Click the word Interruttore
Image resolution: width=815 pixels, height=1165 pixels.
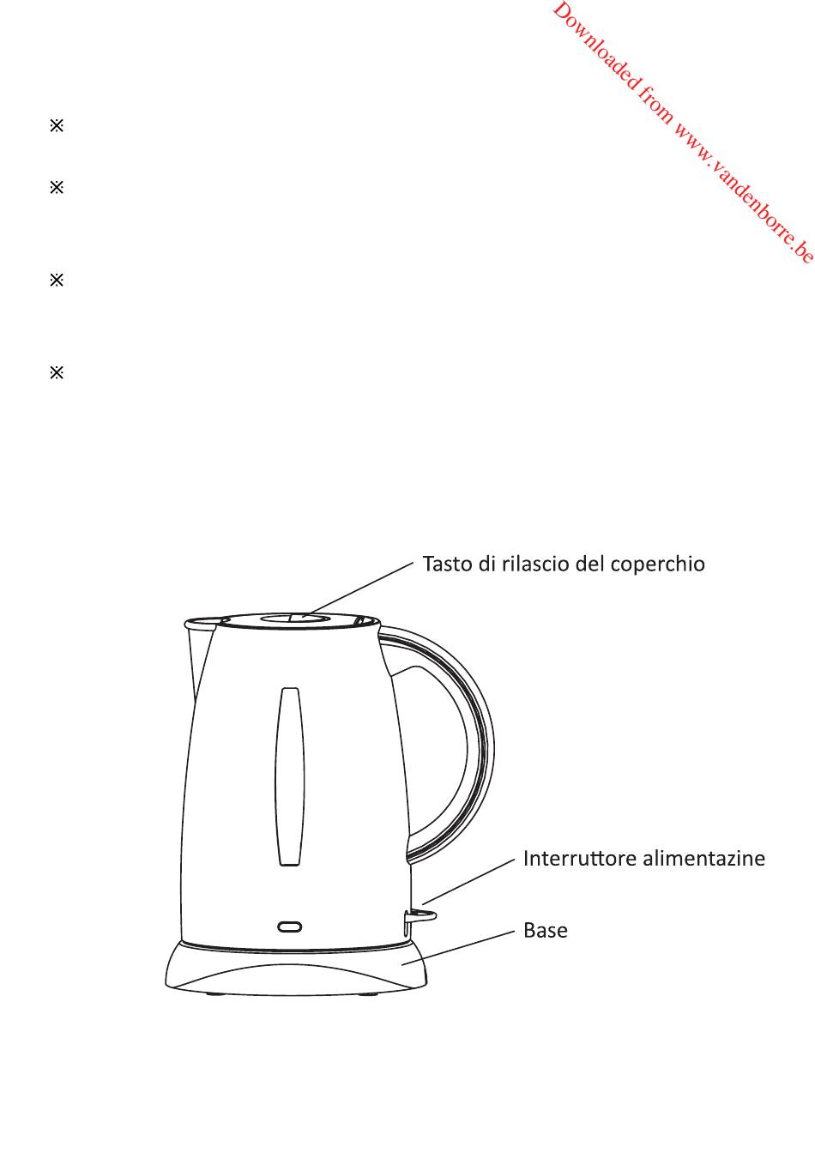572,859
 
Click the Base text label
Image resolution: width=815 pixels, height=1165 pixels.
546,931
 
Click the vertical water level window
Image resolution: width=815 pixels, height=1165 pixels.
289,776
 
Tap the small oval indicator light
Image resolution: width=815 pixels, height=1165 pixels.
290,927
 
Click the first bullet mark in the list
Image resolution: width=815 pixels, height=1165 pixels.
57,126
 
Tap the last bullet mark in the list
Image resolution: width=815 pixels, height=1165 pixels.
57,373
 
